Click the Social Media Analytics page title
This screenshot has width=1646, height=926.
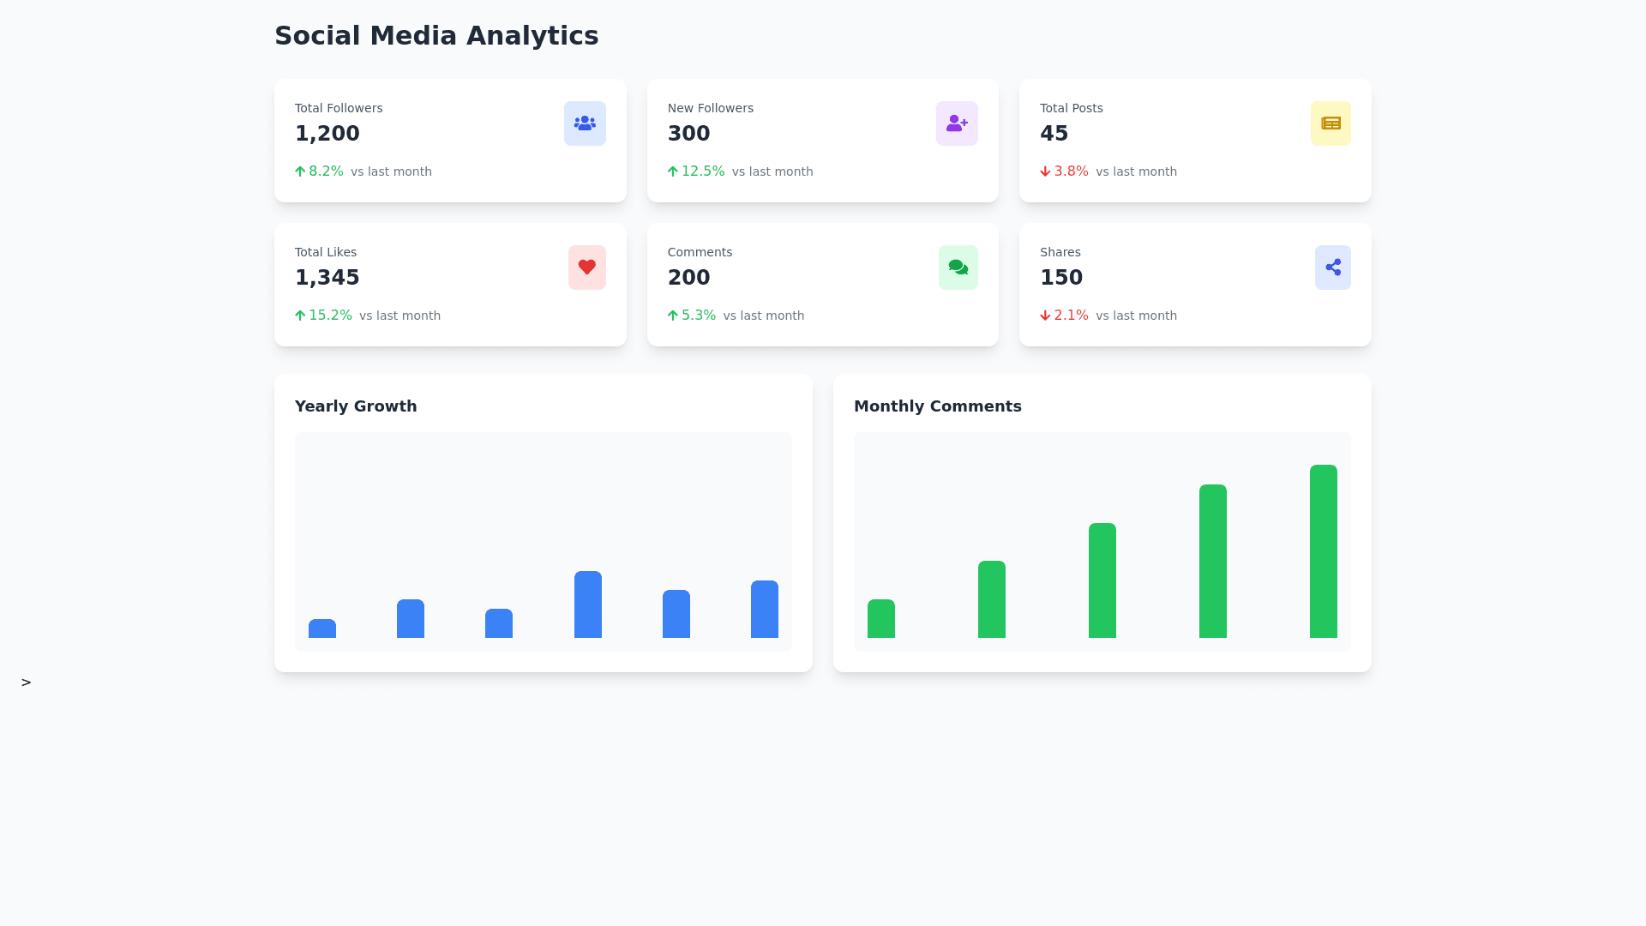point(436,36)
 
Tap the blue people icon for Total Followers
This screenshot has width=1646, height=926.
point(585,123)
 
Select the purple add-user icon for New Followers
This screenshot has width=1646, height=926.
point(957,123)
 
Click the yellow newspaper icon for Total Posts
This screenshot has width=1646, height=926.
point(1331,123)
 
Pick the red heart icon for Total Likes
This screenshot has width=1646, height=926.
point(586,268)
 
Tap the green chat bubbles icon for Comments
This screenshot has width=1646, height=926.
point(958,268)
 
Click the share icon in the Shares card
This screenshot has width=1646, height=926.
point(1332,268)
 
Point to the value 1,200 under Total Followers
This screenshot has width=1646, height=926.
point(327,134)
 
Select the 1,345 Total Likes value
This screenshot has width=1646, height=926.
point(327,278)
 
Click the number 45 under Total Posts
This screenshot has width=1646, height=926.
point(1054,134)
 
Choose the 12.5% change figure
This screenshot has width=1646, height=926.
point(702,171)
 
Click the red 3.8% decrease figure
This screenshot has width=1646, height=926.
point(1071,171)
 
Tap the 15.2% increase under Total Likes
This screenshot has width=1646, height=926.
point(330,316)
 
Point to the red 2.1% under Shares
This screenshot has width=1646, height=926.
point(1071,316)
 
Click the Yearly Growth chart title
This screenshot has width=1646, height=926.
point(356,406)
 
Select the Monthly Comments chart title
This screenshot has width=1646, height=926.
point(937,406)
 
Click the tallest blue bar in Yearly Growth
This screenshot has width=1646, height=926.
point(587,604)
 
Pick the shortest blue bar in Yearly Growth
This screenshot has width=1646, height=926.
point(322,628)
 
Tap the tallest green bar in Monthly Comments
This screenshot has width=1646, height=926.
point(1323,551)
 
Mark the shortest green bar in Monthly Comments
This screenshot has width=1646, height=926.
point(880,618)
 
